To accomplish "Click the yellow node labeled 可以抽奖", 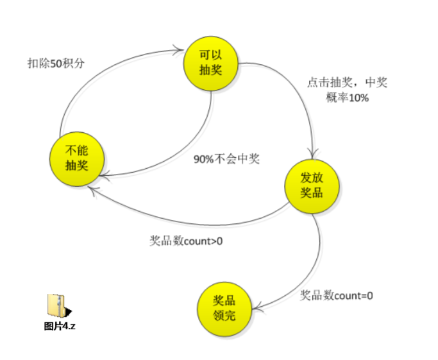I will pyautogui.click(x=210, y=63).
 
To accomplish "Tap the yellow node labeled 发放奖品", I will pyautogui.click(x=312, y=185).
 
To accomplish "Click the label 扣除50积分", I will pyautogui.click(x=56, y=63).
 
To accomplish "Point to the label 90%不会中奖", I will pyautogui.click(x=226, y=159).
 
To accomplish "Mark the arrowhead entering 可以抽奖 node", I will pyautogui.click(x=180, y=47).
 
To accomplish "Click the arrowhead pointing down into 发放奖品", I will pyautogui.click(x=312, y=154).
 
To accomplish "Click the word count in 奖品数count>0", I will pyautogui.click(x=198, y=242).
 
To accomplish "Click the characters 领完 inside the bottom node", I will pyautogui.click(x=224, y=315).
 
